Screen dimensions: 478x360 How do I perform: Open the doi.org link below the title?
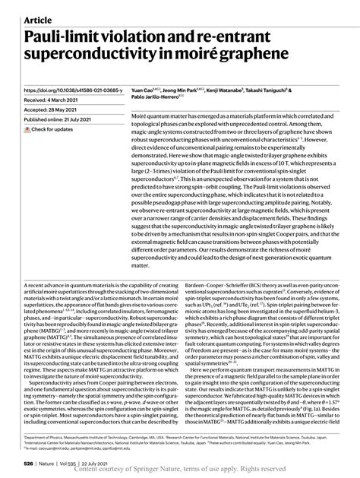coord(73,88)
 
